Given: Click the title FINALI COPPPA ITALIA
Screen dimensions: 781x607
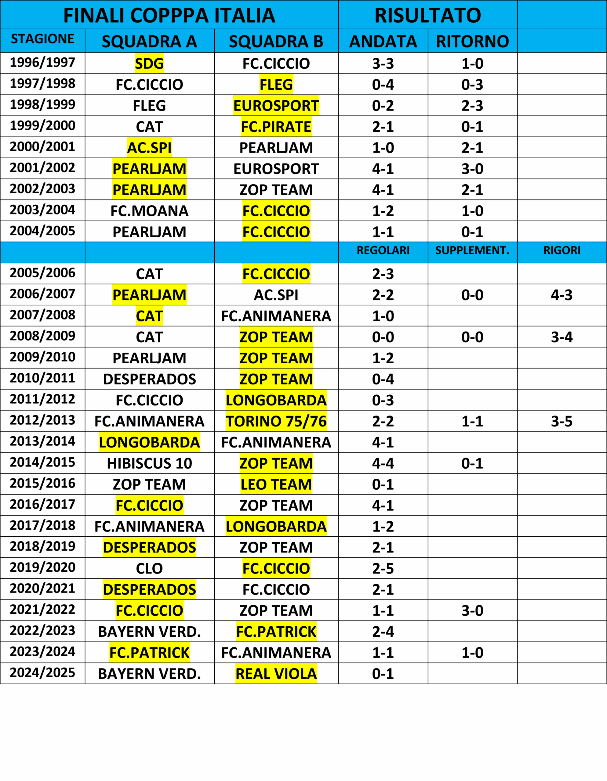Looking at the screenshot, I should (169, 15).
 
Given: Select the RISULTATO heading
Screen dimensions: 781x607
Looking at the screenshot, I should (428, 15).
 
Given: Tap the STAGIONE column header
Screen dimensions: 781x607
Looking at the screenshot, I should (42, 39).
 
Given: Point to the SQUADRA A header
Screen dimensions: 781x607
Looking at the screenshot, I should (149, 41).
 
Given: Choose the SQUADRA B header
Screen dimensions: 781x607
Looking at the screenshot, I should (276, 41).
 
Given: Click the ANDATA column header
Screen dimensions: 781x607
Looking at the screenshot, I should (383, 41).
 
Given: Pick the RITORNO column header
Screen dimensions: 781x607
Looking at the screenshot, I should (472, 41).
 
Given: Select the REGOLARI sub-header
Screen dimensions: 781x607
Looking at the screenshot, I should (383, 250).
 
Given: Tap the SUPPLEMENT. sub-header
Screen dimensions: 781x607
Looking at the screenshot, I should (472, 250).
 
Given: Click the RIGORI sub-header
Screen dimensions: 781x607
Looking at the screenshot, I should (562, 250).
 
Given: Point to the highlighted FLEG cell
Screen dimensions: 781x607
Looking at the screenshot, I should (276, 85).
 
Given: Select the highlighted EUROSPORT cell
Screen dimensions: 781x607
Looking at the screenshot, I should (276, 106).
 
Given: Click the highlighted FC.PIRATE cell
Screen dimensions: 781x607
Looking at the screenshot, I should (276, 127).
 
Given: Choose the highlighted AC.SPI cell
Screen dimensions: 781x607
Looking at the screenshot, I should (149, 148).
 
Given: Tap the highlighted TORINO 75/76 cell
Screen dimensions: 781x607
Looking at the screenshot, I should (276, 421).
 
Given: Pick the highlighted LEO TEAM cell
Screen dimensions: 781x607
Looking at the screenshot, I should (276, 484).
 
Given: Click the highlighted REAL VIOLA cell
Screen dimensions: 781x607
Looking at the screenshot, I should (276, 674).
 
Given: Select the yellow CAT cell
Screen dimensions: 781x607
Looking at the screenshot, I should (149, 316).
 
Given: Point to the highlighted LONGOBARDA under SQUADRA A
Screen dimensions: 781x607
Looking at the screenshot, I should (149, 442).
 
